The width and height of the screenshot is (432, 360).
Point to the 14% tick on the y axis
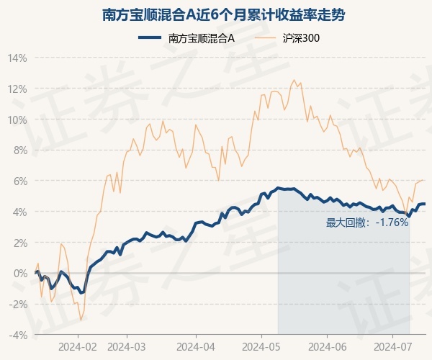(x=18, y=58)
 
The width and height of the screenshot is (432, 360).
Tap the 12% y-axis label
(x=18, y=89)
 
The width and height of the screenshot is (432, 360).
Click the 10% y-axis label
(x=18, y=120)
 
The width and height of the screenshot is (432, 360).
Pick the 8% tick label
(x=20, y=150)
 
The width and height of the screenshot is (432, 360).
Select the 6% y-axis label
(x=20, y=181)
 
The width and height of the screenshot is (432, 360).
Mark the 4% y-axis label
(x=20, y=212)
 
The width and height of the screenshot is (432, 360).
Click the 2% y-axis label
(x=20, y=243)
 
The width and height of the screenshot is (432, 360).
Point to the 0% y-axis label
(x=20, y=274)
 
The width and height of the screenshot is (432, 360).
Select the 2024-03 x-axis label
(x=126, y=346)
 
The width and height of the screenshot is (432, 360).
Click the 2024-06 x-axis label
(x=327, y=346)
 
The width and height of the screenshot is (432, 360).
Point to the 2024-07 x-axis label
(x=392, y=346)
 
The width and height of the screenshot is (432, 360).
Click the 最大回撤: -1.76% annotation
(x=367, y=222)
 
